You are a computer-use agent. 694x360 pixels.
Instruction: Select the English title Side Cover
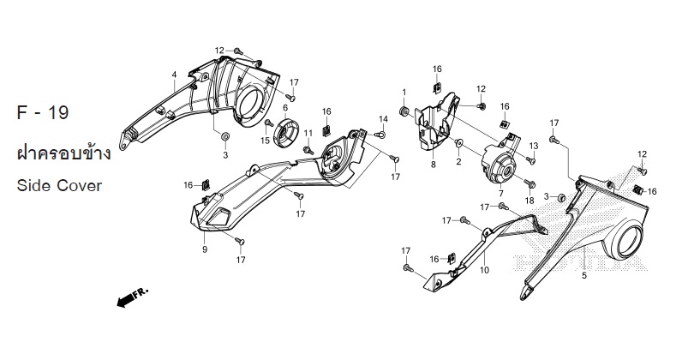pyautogui.click(x=58, y=185)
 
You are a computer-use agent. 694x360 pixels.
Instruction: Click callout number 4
pyautogui.click(x=174, y=75)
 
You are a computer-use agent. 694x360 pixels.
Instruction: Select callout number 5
pyautogui.click(x=583, y=276)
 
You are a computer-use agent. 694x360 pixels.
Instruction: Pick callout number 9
pyautogui.click(x=205, y=249)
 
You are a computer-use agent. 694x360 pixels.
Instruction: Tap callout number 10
pyautogui.click(x=484, y=270)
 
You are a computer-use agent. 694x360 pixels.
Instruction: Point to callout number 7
pyautogui.click(x=500, y=195)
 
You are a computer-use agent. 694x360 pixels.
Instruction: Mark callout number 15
pyautogui.click(x=266, y=141)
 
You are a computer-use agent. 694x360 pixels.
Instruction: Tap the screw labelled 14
pyautogui.click(x=380, y=135)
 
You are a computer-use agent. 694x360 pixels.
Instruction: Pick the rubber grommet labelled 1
pyautogui.click(x=404, y=112)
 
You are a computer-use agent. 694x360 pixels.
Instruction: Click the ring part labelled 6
pyautogui.click(x=287, y=133)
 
